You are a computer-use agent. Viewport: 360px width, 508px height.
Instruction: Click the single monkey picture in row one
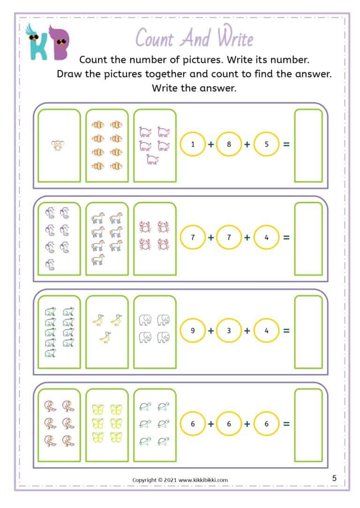(59, 145)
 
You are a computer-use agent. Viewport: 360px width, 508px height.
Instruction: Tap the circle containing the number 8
(229, 144)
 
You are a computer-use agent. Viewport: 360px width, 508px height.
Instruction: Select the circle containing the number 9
(193, 331)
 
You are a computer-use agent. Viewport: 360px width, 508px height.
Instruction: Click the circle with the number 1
(193, 144)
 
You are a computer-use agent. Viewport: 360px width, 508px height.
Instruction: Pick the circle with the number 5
(266, 144)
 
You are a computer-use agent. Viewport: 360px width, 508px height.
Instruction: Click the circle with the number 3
(229, 331)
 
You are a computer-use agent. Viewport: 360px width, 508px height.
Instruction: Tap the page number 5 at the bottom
(334, 478)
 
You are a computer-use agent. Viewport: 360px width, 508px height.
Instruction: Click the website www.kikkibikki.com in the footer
(203, 480)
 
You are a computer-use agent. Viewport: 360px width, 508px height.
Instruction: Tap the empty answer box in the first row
(308, 145)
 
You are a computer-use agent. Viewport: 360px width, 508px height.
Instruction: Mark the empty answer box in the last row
(308, 425)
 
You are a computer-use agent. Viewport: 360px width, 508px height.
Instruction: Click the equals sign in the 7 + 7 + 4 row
(286, 237)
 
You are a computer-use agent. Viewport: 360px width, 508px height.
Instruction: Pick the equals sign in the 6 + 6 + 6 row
(286, 424)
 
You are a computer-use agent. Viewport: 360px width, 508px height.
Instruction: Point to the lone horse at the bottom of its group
(98, 259)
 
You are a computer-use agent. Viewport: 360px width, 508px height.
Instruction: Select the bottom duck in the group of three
(106, 337)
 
